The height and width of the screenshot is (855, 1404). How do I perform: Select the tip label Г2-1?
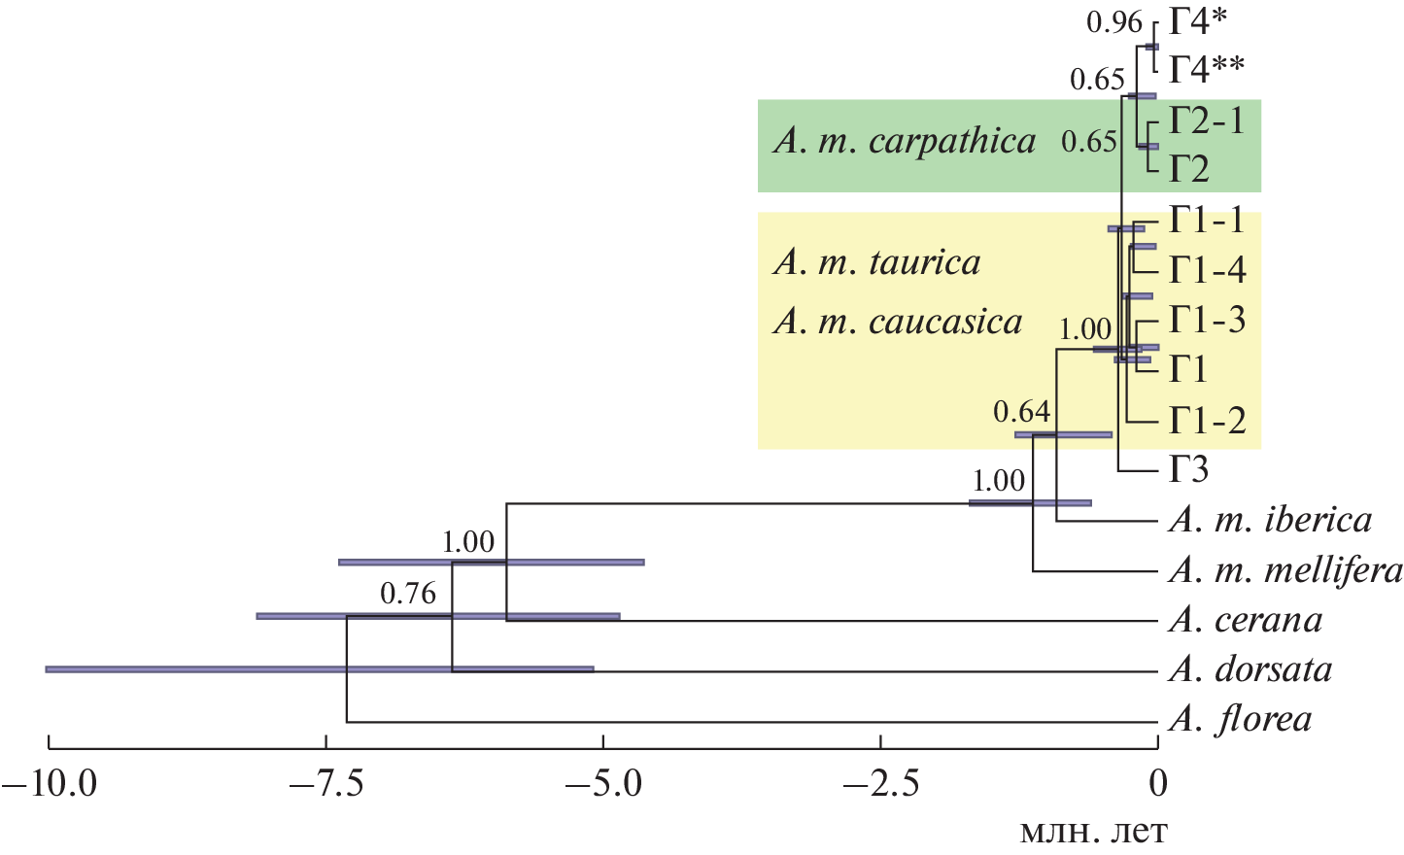point(1207,120)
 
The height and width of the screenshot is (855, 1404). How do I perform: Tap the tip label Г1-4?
point(1207,270)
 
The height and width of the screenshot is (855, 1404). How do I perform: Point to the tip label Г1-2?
point(1207,421)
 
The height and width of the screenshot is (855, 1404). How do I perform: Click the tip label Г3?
point(1188,470)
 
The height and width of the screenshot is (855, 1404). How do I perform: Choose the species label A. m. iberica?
point(1270,520)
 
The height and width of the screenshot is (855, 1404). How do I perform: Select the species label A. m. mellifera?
point(1284,570)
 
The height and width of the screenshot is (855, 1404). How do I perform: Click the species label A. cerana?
point(1246,620)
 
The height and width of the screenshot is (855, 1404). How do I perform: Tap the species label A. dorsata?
point(1250,669)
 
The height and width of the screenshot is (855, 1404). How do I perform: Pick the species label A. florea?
point(1241,720)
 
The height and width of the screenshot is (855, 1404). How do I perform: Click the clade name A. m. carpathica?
point(905,142)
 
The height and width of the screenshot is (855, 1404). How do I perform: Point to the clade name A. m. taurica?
point(877,262)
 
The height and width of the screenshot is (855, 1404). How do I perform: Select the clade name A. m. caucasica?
point(898,322)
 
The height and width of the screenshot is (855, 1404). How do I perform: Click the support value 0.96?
point(1113,22)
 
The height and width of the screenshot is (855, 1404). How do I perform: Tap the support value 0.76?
point(408,594)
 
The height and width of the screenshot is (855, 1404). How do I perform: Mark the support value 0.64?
point(1021,412)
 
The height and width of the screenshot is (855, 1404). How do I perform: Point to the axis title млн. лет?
point(1093,832)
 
